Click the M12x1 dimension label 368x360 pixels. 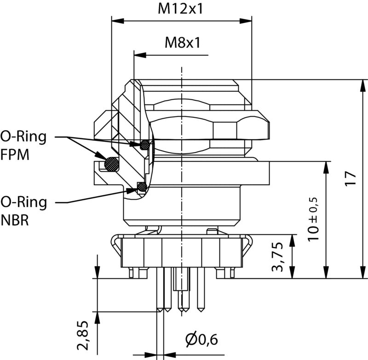[x=181, y=9]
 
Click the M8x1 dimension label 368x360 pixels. [x=183, y=43]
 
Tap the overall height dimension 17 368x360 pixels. [x=351, y=178]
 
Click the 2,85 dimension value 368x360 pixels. [x=83, y=337]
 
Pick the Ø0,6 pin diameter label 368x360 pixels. [x=201, y=340]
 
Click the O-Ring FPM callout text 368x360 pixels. [x=23, y=145]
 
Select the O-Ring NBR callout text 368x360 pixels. [x=23, y=210]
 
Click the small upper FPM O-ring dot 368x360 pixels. [x=146, y=145]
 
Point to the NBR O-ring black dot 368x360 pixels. [x=142, y=186]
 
